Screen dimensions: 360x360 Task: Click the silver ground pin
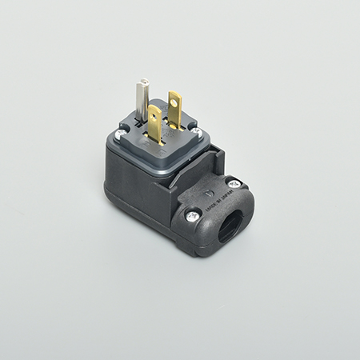(143, 100)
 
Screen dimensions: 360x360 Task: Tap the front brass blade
(155, 124)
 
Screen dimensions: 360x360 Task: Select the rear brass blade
(174, 108)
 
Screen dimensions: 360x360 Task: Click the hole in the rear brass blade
(174, 101)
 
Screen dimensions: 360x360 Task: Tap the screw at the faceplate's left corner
(121, 137)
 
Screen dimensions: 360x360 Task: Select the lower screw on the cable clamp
(193, 214)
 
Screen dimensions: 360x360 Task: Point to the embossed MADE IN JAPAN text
(218, 201)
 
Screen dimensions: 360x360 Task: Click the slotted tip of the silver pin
(144, 82)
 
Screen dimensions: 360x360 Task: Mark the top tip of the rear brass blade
(174, 94)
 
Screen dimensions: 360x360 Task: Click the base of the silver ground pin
(142, 118)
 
